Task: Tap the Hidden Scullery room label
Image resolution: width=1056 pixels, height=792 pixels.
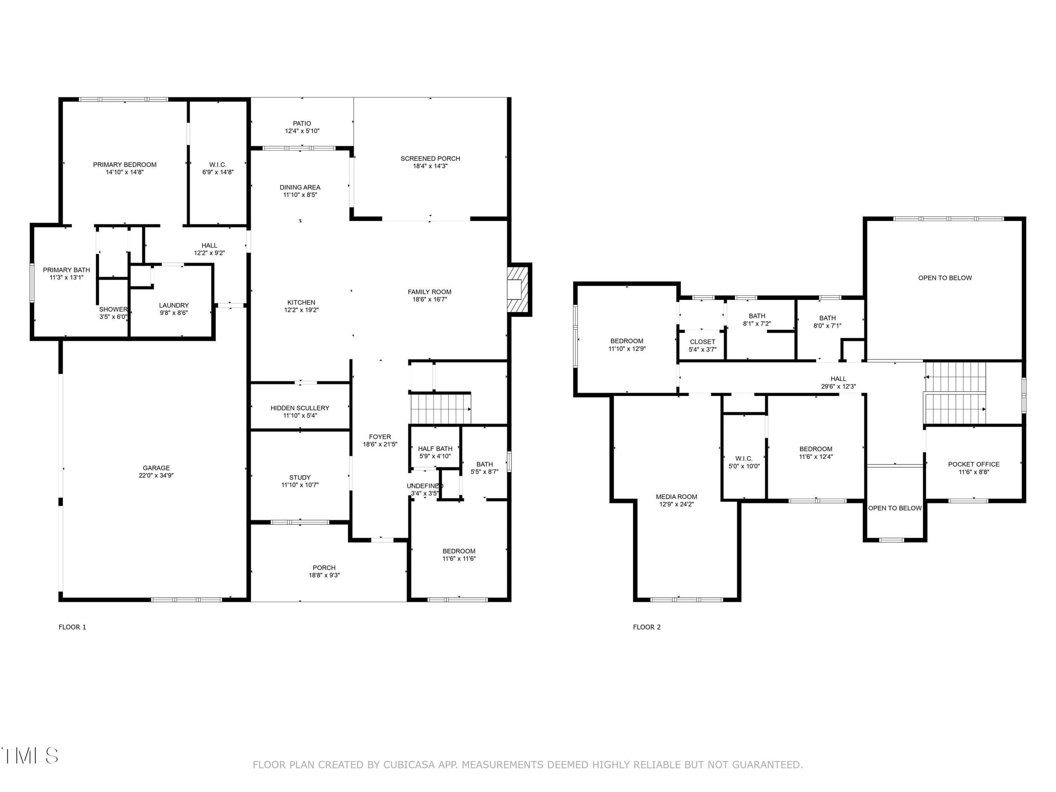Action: click(x=300, y=408)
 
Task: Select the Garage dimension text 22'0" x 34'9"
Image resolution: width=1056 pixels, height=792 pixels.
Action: click(x=156, y=476)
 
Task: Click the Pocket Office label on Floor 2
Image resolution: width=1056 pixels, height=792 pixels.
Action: click(x=973, y=464)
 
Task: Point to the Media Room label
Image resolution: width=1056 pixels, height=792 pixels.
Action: click(x=676, y=497)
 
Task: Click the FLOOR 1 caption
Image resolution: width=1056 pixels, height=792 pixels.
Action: click(x=73, y=627)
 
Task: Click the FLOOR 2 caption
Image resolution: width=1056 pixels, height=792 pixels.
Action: click(x=647, y=627)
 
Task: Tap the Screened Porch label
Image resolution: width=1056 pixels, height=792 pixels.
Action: click(x=430, y=158)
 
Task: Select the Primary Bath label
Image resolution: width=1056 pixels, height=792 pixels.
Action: click(x=66, y=270)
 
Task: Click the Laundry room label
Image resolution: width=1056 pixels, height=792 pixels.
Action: click(x=174, y=305)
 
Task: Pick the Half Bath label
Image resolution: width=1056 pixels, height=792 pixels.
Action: click(x=435, y=448)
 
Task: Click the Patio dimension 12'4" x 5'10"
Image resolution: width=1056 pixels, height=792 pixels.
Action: click(x=302, y=131)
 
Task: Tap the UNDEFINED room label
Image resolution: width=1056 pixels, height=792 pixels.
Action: click(x=425, y=486)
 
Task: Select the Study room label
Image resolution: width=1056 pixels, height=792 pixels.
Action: click(x=300, y=477)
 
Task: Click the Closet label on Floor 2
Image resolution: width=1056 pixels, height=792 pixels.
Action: click(x=702, y=342)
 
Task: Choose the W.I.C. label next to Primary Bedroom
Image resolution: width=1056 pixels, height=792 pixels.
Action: click(x=218, y=165)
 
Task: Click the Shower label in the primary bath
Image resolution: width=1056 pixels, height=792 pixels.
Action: click(x=113, y=309)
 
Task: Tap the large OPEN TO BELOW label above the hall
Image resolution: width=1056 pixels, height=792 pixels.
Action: click(x=945, y=278)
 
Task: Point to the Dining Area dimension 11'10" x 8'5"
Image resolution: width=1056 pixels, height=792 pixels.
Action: click(x=300, y=195)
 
